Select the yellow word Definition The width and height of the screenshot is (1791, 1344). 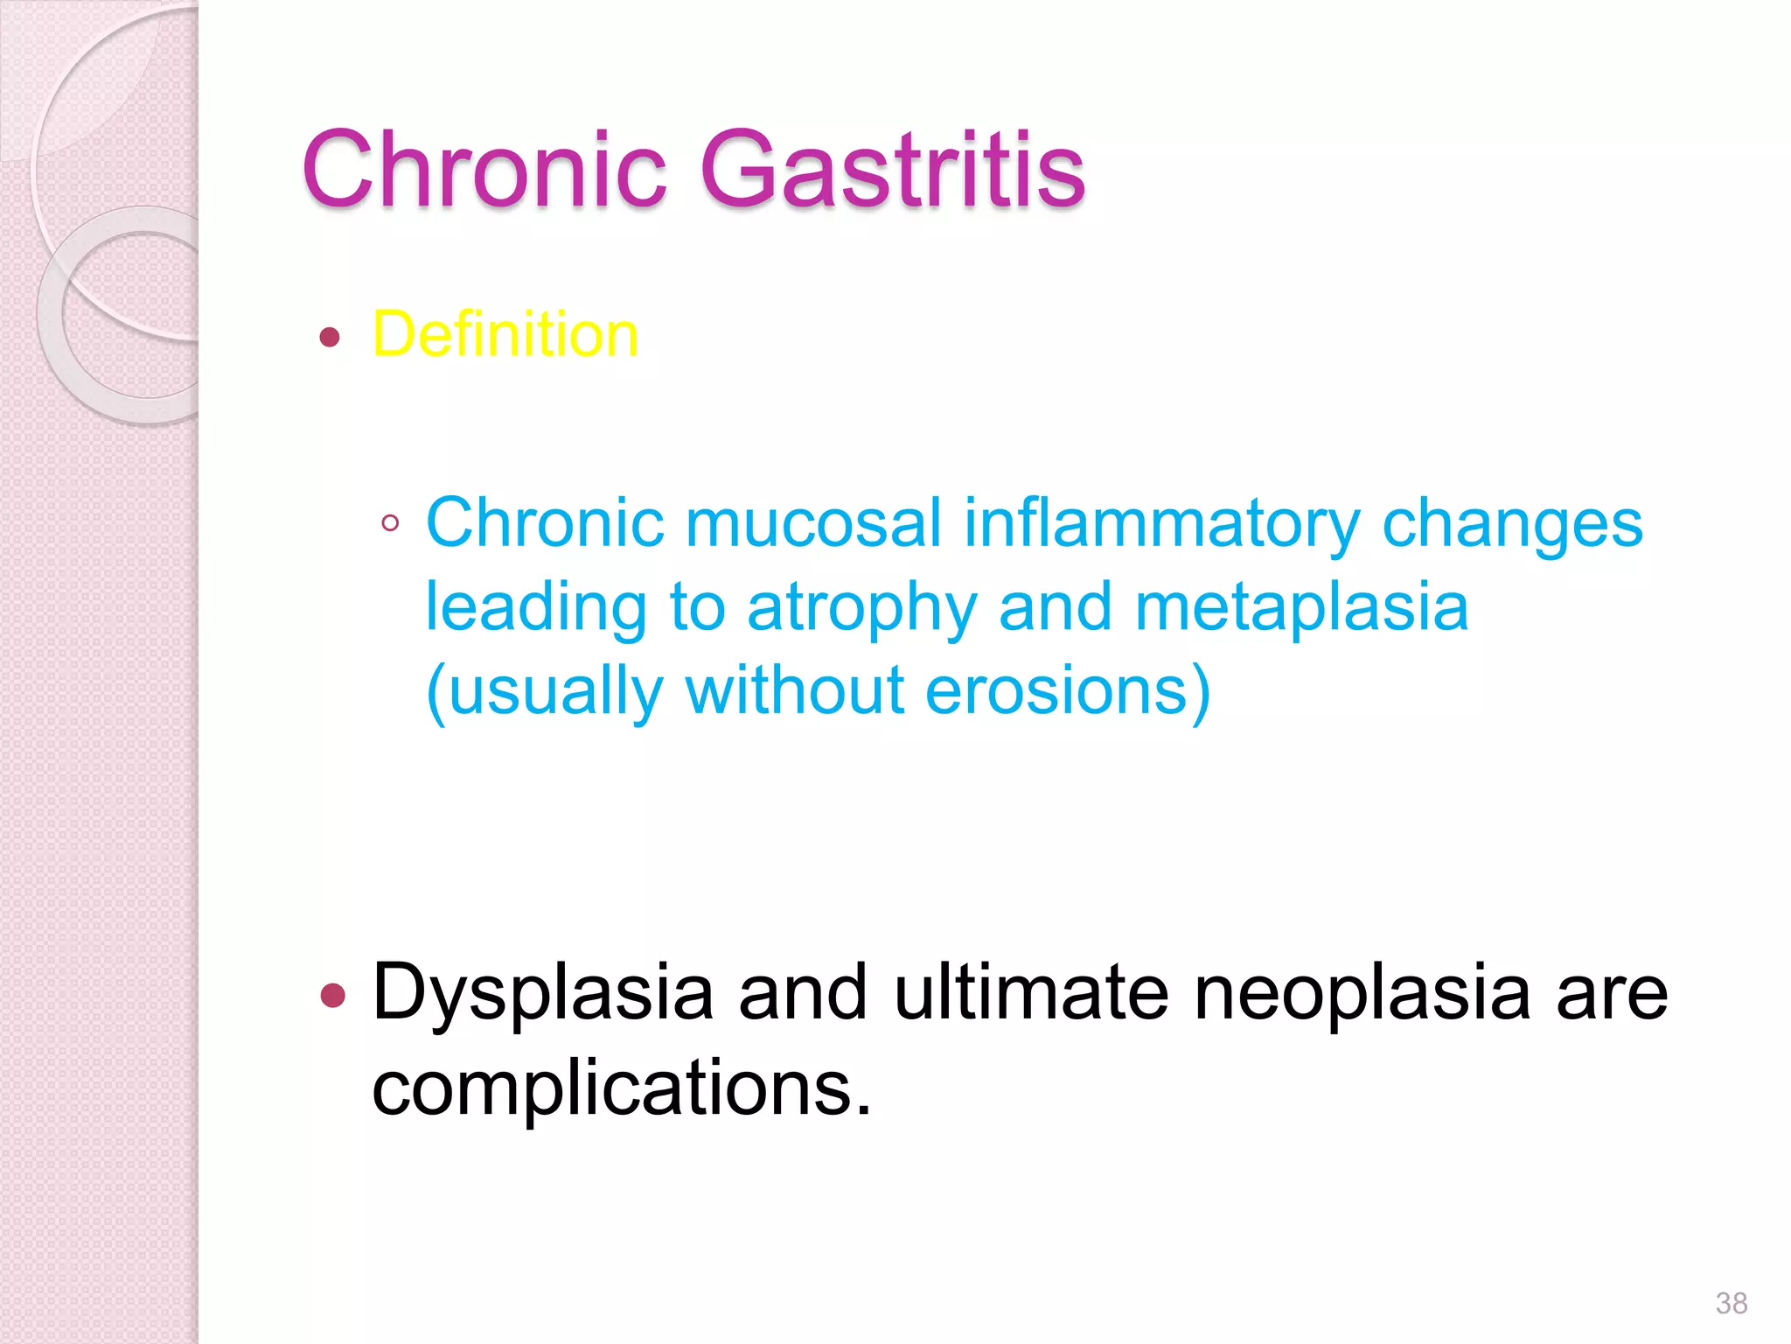tap(505, 334)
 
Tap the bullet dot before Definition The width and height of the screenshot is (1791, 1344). tap(330, 337)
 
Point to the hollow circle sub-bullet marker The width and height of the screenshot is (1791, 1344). tap(391, 524)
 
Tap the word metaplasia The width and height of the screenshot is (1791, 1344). tap(1301, 607)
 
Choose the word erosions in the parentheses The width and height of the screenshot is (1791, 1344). tap(1057, 690)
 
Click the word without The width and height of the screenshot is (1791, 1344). tap(794, 690)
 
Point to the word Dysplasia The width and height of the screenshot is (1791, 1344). tap(543, 994)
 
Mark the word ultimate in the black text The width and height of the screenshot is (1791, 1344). tap(1031, 992)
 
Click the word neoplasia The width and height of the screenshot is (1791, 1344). tap(1362, 992)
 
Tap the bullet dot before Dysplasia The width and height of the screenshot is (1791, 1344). tap(333, 995)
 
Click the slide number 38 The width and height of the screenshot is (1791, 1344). tap(1731, 1303)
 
